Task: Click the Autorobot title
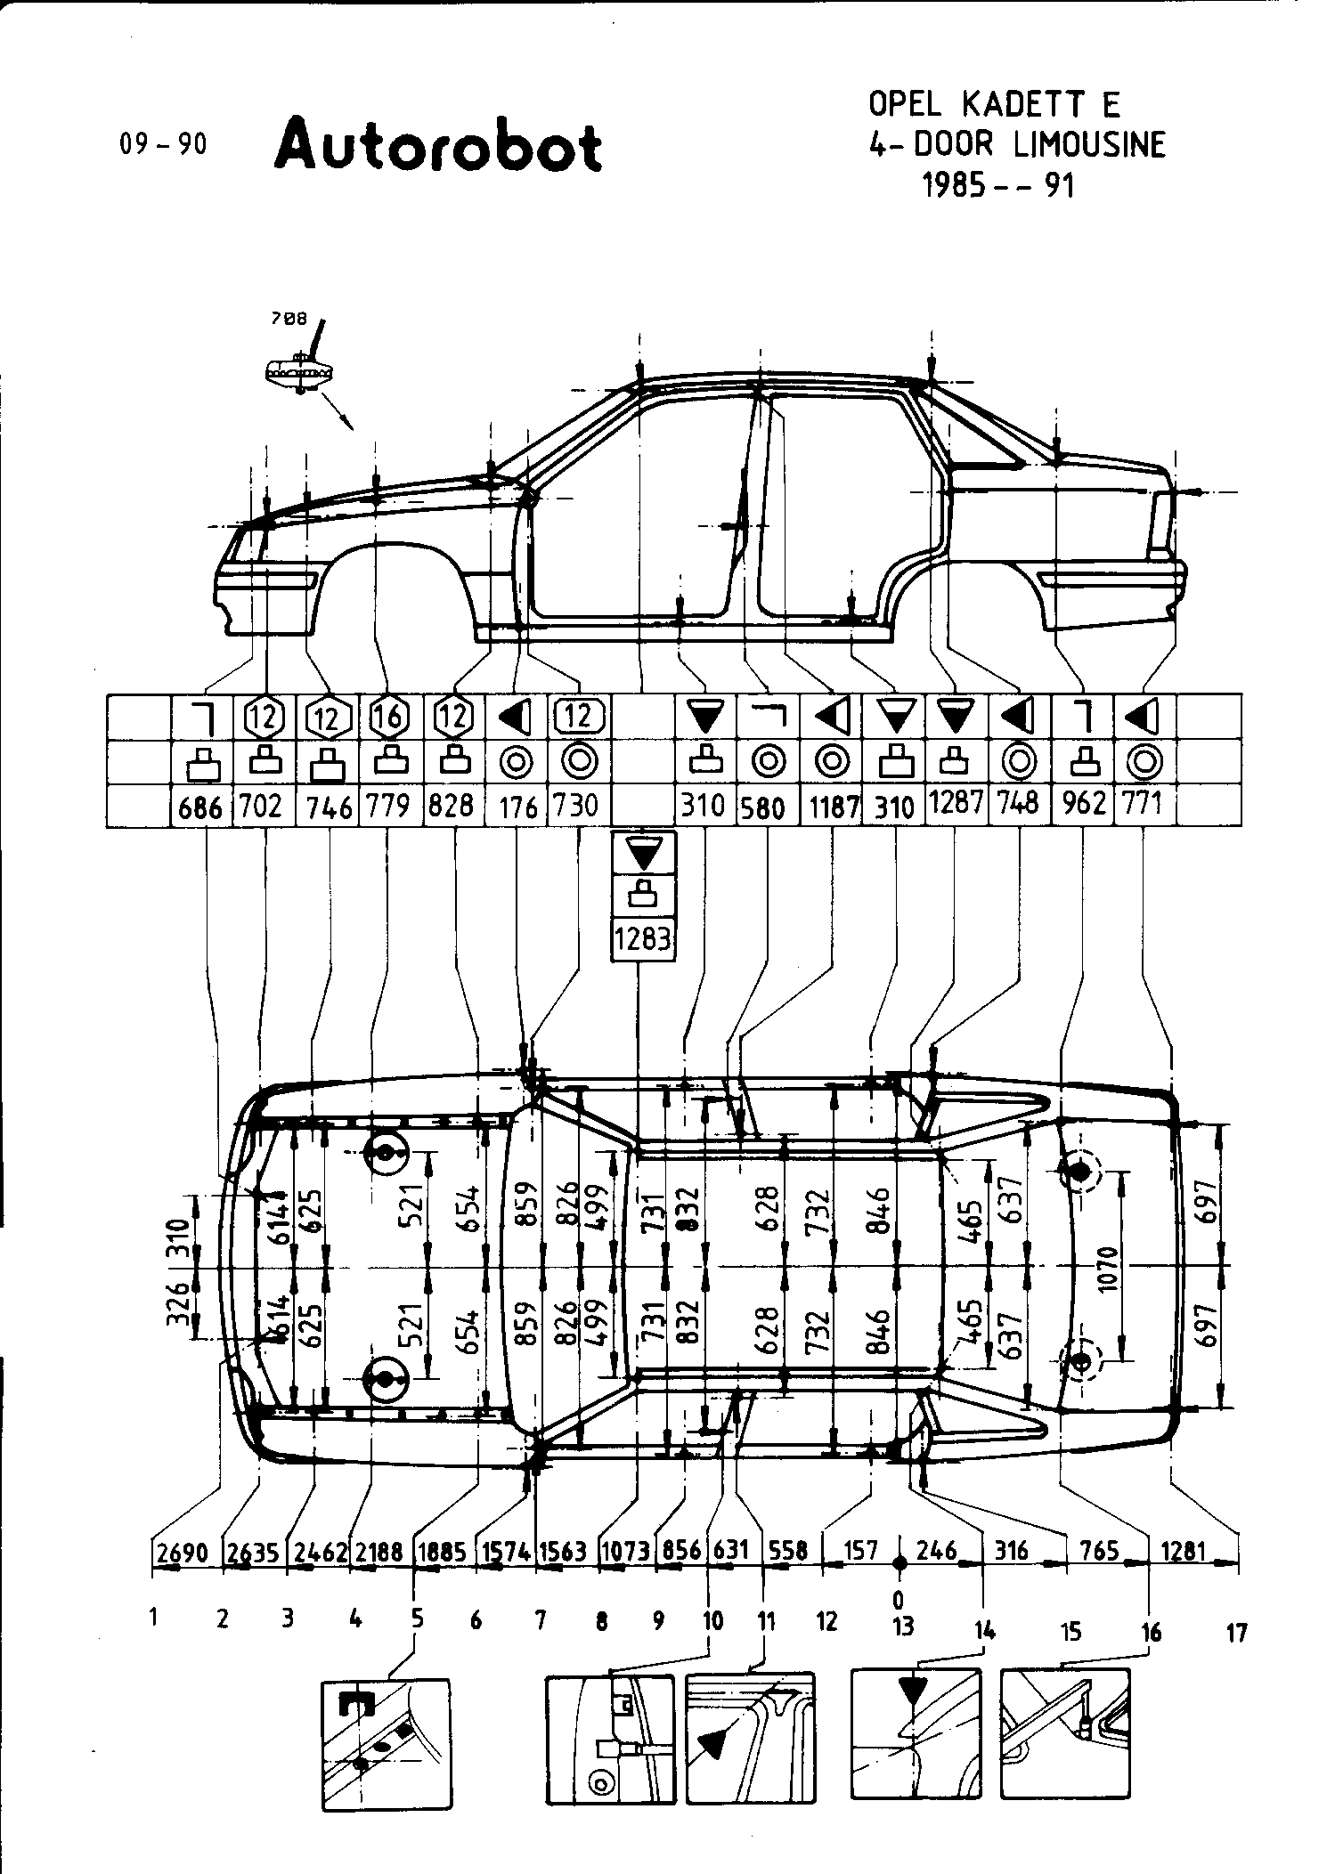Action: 438,146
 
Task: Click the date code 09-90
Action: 163,144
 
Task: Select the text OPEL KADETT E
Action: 994,106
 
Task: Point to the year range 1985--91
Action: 998,185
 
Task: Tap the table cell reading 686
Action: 200,807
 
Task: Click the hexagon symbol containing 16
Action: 388,716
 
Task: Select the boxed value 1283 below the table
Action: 642,938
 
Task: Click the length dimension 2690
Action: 183,1552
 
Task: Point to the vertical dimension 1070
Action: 1109,1265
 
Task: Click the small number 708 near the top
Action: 289,316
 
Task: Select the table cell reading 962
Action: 1083,806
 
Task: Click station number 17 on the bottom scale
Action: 1236,1634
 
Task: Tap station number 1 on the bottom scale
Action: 154,1618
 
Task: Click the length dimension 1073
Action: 625,1552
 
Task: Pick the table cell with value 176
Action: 518,807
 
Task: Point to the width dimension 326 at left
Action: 179,1303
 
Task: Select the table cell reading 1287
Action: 956,803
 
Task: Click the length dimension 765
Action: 1098,1551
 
